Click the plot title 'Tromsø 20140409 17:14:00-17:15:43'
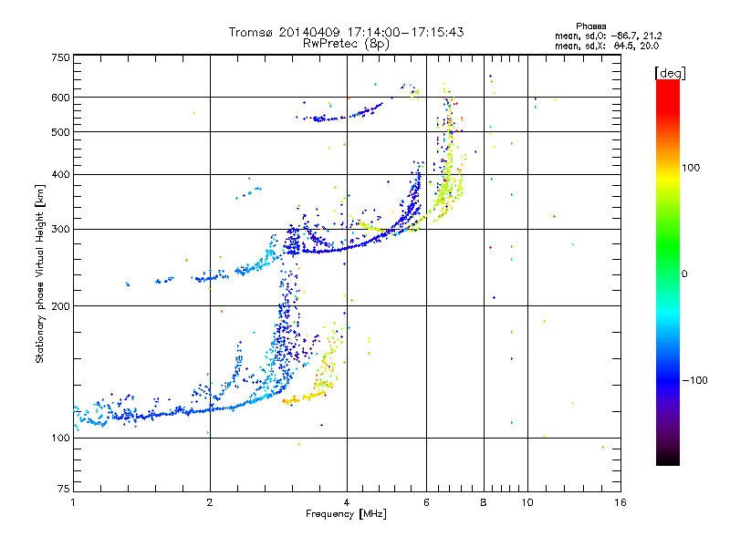point(346,32)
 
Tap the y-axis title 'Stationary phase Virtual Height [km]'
point(40,273)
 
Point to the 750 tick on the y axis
point(59,57)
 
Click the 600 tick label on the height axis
point(59,97)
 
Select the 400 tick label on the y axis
point(59,174)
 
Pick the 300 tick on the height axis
point(59,229)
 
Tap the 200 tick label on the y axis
point(59,306)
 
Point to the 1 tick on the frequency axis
point(73,501)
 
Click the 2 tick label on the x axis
point(210,501)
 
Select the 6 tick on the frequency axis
point(426,501)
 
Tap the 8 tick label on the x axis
point(484,501)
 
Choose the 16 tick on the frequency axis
point(620,501)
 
